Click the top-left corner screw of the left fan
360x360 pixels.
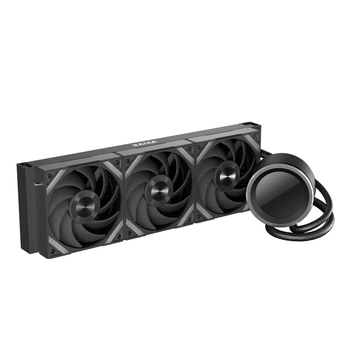[49, 176]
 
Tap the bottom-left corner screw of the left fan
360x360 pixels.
[53, 251]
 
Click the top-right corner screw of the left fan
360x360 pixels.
[117, 163]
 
